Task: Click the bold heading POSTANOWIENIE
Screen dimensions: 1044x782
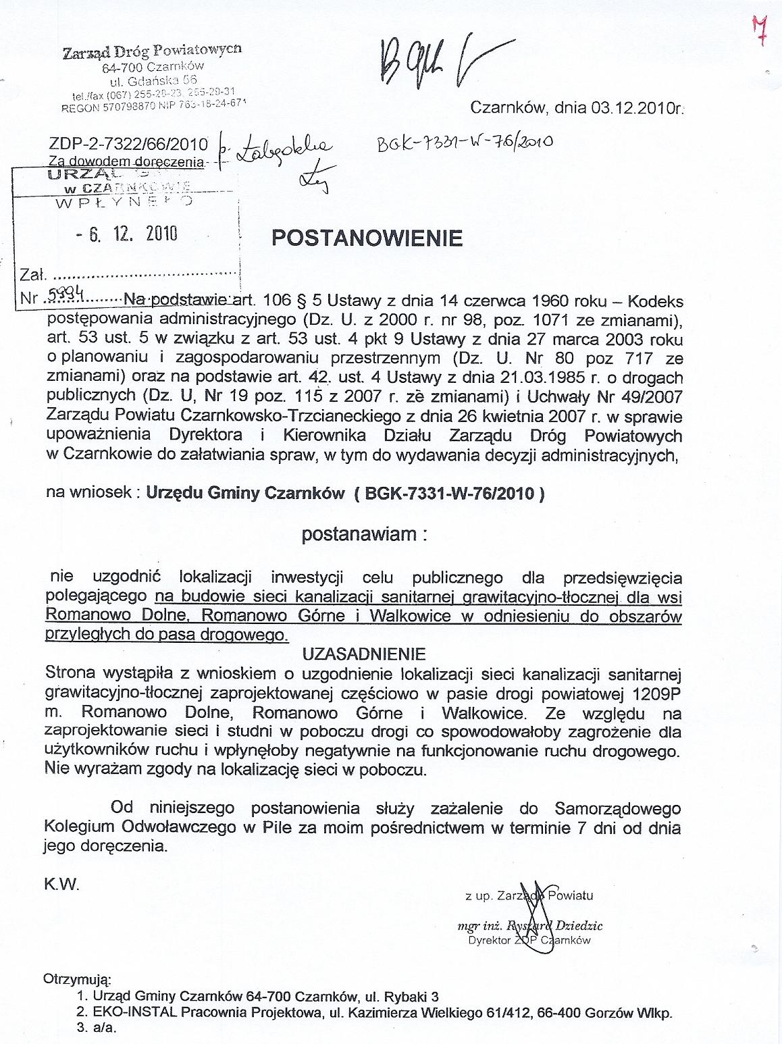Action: point(367,238)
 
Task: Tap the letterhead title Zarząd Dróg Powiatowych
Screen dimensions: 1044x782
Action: point(152,52)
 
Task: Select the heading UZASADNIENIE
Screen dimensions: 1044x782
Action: point(363,654)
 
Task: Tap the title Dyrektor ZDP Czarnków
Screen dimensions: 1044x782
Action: point(529,940)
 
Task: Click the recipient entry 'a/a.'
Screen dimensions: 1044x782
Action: point(105,1029)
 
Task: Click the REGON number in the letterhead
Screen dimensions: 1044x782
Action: point(109,107)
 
